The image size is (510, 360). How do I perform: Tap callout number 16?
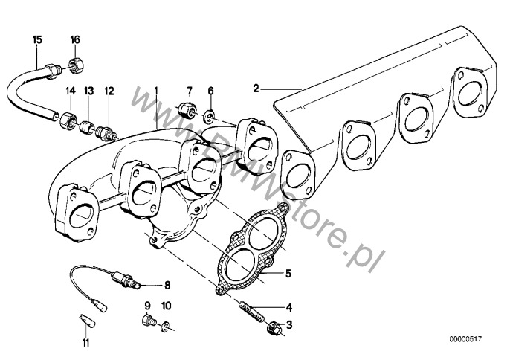(75, 38)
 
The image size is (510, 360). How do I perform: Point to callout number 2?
(256, 89)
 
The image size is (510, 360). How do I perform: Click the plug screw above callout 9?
(147, 322)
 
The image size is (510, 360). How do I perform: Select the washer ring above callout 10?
(167, 325)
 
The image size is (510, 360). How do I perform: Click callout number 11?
(85, 344)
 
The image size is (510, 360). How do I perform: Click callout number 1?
(156, 89)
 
